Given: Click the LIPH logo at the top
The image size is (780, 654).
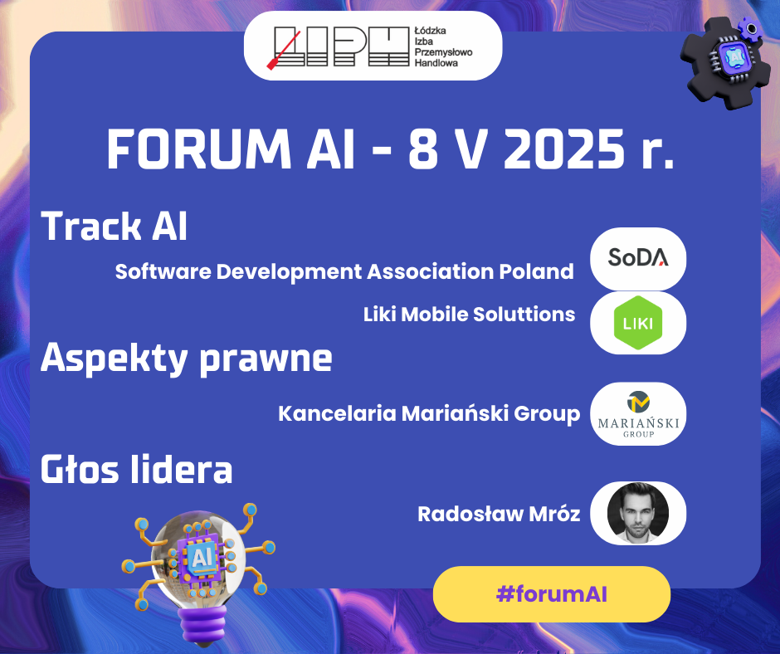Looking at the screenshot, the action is [x=373, y=46].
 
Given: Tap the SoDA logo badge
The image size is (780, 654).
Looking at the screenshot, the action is [x=638, y=258].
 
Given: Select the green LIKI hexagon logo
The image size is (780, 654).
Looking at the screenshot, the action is [x=638, y=323].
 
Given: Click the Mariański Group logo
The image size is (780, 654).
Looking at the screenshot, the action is [x=638, y=413].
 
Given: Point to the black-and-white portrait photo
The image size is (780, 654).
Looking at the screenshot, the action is [x=638, y=513].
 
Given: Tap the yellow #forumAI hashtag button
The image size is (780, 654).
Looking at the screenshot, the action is [x=552, y=594].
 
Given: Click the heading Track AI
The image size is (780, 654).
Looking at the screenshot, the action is [x=114, y=227].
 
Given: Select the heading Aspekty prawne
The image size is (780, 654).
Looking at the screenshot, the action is [x=187, y=358].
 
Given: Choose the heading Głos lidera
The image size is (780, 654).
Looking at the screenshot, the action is [x=136, y=470].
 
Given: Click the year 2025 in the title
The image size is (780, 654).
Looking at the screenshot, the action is [x=564, y=149].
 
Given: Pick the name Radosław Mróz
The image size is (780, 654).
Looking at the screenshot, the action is [x=499, y=514].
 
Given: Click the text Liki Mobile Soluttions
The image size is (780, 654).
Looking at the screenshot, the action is [x=469, y=315].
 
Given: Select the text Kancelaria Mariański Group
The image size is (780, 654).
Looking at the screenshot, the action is [x=429, y=414].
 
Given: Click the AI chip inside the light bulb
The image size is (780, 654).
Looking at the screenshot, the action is [x=202, y=558].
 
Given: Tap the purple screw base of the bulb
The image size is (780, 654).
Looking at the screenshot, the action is [x=203, y=622].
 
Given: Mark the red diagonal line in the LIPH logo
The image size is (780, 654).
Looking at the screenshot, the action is [x=284, y=51].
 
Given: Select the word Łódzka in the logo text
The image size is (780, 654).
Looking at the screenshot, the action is [x=431, y=31].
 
